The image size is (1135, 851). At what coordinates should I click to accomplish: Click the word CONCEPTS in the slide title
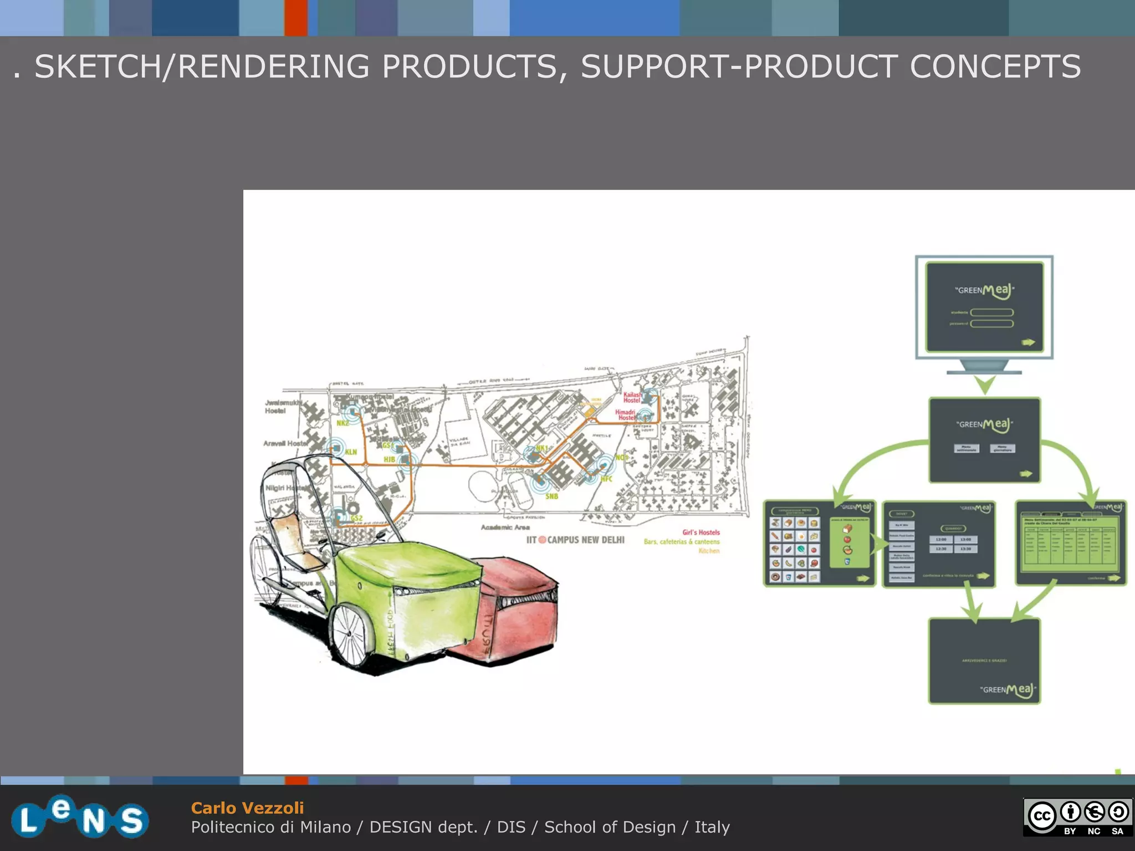tap(995, 67)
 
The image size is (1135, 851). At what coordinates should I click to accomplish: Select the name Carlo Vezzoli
tap(247, 808)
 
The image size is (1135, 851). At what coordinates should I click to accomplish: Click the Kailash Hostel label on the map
tap(632, 397)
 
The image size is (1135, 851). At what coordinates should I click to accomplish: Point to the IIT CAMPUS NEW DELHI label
tap(576, 540)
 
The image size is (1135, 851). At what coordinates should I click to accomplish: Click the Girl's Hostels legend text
tap(701, 532)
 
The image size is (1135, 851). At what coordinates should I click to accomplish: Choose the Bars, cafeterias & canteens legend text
tap(682, 542)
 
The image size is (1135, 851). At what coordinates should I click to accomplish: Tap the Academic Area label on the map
tap(505, 527)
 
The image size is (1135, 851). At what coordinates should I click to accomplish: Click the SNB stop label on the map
tap(551, 496)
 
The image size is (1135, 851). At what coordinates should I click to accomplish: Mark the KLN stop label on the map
tap(351, 452)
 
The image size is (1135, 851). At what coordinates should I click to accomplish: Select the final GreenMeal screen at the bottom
tap(984, 661)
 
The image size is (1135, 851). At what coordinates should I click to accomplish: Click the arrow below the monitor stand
tap(985, 384)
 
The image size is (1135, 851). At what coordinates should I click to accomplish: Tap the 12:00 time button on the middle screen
tap(941, 539)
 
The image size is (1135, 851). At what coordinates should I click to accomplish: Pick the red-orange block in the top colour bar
tap(296, 18)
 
